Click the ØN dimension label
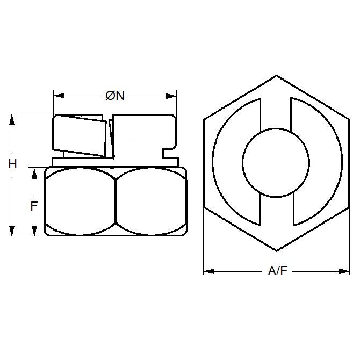click(x=115, y=96)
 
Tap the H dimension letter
click(x=12, y=164)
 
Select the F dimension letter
click(x=34, y=206)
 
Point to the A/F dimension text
click(x=277, y=272)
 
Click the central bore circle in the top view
click(x=276, y=162)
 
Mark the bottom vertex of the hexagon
click(x=276, y=250)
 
